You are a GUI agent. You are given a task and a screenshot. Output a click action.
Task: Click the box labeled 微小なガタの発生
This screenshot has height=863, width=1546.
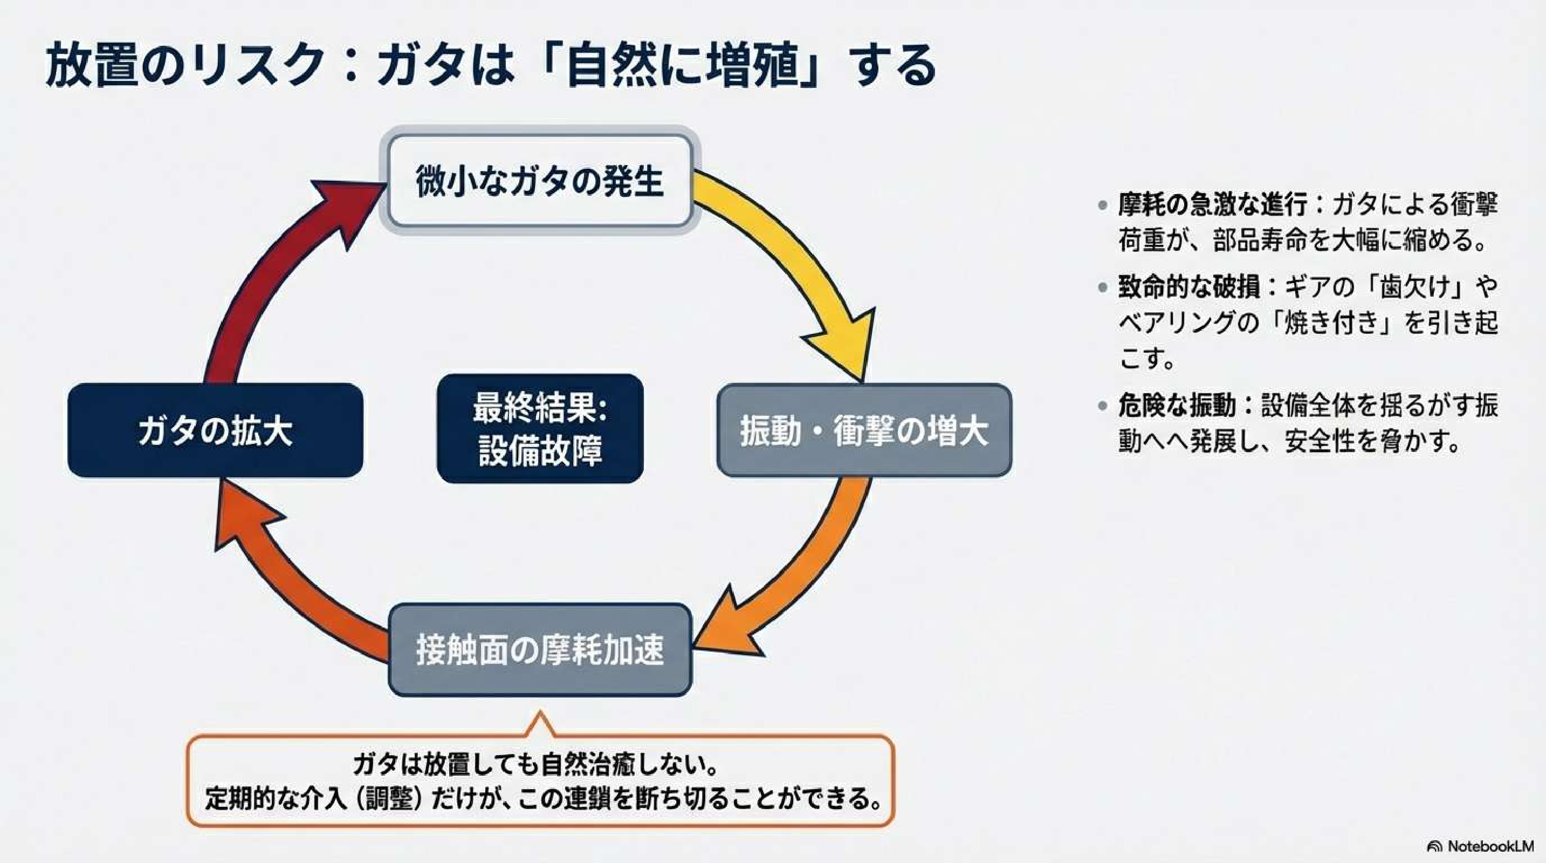[x=540, y=181]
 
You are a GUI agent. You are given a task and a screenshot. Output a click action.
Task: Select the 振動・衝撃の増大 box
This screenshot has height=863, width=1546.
[x=864, y=430]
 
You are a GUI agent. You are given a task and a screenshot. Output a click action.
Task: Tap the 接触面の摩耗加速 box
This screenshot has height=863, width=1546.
[x=540, y=649]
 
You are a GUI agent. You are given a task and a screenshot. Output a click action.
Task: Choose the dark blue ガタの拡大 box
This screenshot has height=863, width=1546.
[x=215, y=430]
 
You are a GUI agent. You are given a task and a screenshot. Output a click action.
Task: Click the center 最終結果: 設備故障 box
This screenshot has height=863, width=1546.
[x=540, y=428]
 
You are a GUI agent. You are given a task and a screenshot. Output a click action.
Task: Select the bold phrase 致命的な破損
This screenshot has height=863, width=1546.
[x=1189, y=287]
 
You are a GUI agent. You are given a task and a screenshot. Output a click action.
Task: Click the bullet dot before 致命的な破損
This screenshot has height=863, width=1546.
[x=1103, y=287]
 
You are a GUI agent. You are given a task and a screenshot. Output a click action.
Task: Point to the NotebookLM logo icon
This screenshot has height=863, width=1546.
[x=1434, y=846]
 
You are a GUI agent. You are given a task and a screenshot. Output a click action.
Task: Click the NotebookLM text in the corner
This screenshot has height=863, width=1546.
[x=1490, y=846]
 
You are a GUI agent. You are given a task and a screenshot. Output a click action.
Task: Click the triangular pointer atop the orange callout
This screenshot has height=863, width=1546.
[x=540, y=723]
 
